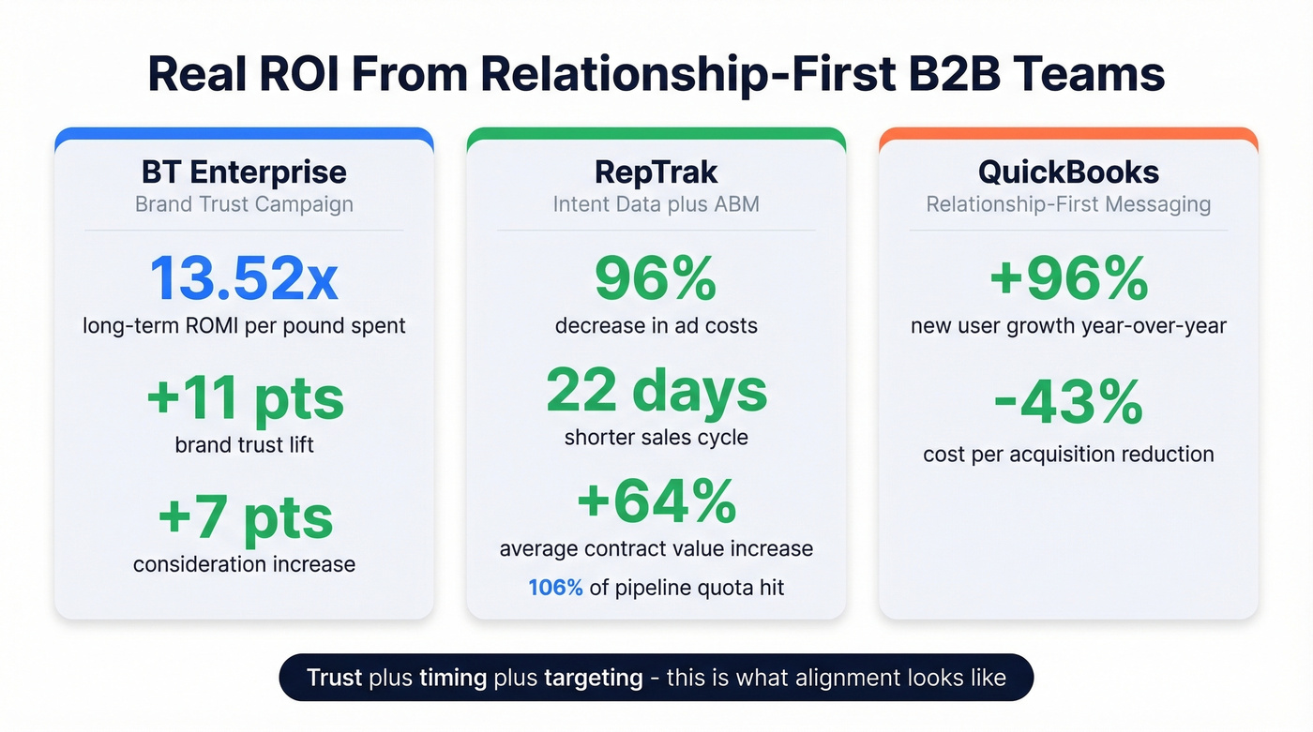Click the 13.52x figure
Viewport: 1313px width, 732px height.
pyautogui.click(x=244, y=278)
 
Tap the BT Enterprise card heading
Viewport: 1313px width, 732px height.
pyautogui.click(x=244, y=172)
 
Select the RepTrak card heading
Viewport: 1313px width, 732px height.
pyautogui.click(x=656, y=172)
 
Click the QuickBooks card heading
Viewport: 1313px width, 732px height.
pyautogui.click(x=1068, y=172)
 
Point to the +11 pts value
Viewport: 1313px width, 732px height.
pyautogui.click(x=246, y=398)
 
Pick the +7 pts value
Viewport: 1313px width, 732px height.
pyautogui.click(x=246, y=518)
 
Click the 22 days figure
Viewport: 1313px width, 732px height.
pyautogui.click(x=656, y=391)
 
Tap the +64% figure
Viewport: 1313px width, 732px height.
pyautogui.click(x=656, y=501)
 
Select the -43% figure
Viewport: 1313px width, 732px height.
pyautogui.click(x=1068, y=404)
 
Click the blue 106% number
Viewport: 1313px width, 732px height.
pyautogui.click(x=555, y=588)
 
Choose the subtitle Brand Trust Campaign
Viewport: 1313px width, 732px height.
pyautogui.click(x=244, y=204)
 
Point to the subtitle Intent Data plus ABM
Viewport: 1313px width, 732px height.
pyautogui.click(x=656, y=204)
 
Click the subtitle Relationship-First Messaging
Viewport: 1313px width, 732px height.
pyautogui.click(x=1068, y=204)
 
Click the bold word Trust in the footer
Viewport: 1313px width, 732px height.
pyautogui.click(x=335, y=678)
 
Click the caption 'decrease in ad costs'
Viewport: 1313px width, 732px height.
pyautogui.click(x=656, y=326)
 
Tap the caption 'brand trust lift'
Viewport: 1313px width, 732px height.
pyautogui.click(x=244, y=444)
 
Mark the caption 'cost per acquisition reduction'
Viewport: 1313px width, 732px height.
pyautogui.click(x=1068, y=455)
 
